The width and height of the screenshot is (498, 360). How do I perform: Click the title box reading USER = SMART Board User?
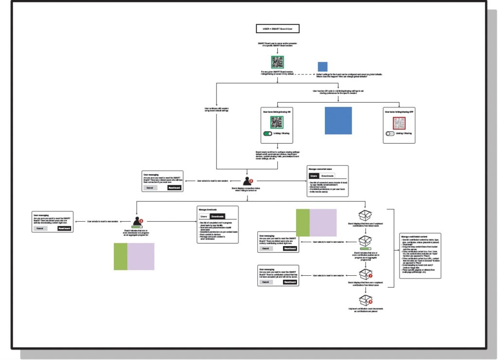278,29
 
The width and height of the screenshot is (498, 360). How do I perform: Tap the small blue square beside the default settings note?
323,67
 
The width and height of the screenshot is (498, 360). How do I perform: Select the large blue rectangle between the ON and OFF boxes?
338,120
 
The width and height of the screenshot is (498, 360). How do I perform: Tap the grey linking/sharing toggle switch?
390,133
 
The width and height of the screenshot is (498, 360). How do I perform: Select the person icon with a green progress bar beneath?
138,222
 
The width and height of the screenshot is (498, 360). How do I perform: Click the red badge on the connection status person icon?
251,180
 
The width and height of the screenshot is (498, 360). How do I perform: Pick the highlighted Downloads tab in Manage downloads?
217,216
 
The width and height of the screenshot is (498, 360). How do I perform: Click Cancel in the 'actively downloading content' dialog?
40,228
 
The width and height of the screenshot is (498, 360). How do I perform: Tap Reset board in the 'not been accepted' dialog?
290,282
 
